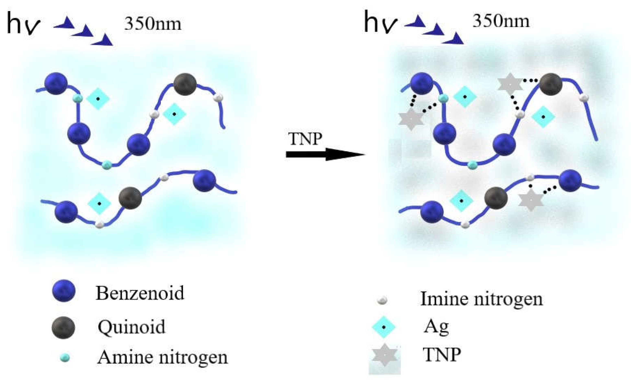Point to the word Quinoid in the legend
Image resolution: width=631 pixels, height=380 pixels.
tap(131, 327)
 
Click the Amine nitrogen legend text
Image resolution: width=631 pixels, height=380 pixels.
tap(162, 357)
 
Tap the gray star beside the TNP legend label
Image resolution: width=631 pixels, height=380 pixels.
tap(385, 355)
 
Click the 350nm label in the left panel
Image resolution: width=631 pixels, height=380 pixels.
tap(153, 24)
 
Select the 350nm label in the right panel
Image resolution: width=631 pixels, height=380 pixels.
tap(501, 21)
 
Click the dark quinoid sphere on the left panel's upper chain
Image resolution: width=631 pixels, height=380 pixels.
tap(185, 84)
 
